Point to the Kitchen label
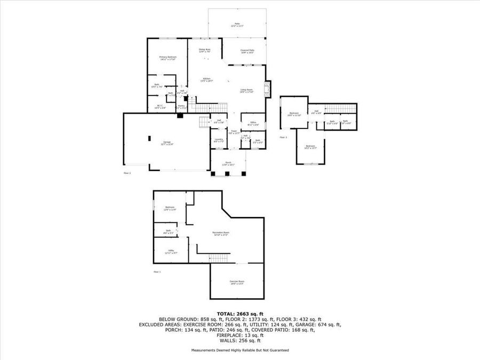(206, 80)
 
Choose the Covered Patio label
(247, 51)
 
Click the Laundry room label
(218, 140)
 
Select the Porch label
(228, 164)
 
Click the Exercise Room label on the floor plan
(237, 282)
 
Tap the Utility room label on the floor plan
(171, 251)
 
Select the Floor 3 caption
(283, 137)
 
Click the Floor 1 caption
(157, 272)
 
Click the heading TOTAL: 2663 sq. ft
(239, 314)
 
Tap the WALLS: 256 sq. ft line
(239, 340)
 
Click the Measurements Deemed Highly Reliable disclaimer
(239, 350)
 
